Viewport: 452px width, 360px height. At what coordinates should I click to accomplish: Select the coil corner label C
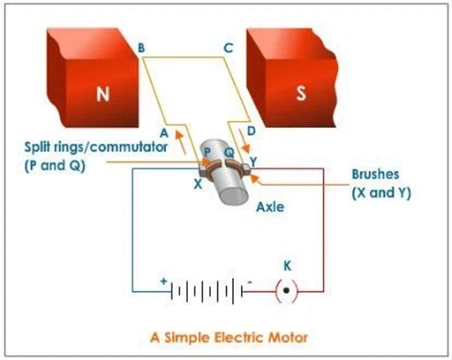[x=228, y=49]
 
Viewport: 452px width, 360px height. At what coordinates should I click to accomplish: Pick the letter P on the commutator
[x=208, y=154]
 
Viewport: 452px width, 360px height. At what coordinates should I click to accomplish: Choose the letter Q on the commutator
[x=227, y=152]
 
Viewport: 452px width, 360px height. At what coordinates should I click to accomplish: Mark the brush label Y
[x=253, y=161]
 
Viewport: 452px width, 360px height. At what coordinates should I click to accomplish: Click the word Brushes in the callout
[x=377, y=176]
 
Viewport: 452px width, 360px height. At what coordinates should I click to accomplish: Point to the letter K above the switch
[x=285, y=265]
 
